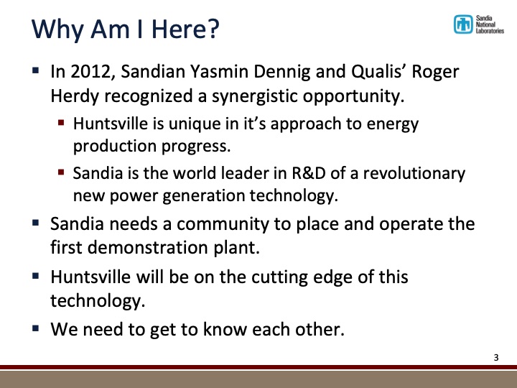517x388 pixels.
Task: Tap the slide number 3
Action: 495,357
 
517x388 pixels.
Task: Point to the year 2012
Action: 86,73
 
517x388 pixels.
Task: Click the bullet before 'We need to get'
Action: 36,330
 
